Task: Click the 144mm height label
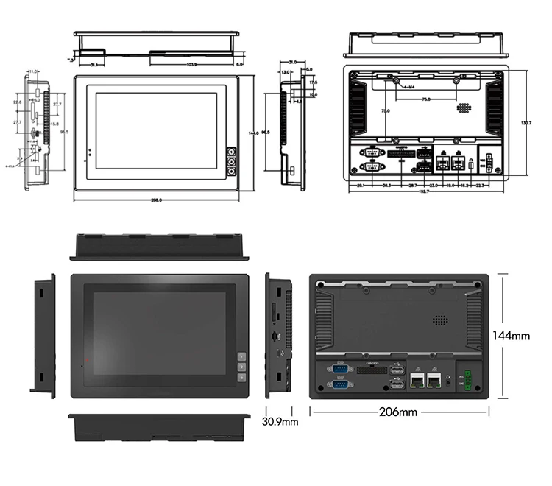pos(511,336)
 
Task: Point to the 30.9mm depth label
pos(280,422)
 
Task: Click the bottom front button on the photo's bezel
pos(241,378)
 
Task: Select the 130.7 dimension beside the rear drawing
pos(526,121)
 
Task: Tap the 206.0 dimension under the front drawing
pos(155,200)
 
